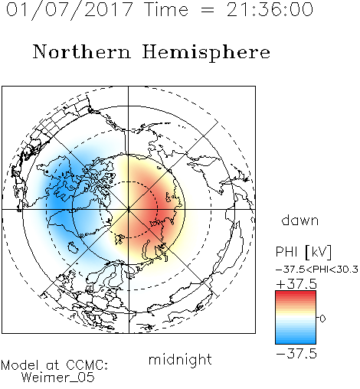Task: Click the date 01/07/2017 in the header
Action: point(69,10)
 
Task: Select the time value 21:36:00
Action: point(270,9)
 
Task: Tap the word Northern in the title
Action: point(82,52)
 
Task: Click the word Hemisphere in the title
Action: point(206,53)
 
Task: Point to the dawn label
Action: point(300,220)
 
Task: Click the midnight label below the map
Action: point(180,360)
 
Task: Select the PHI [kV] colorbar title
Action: point(304,252)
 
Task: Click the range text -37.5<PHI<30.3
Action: point(317,270)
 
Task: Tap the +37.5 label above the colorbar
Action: point(296,284)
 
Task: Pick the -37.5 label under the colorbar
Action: point(296,355)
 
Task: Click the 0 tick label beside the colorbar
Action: point(322,319)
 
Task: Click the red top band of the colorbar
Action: point(296,294)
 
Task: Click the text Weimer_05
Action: point(58,377)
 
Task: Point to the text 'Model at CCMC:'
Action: point(54,365)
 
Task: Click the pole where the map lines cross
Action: point(129,209)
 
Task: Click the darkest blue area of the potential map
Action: point(58,201)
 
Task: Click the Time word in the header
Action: point(166,9)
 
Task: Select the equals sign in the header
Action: point(208,11)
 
